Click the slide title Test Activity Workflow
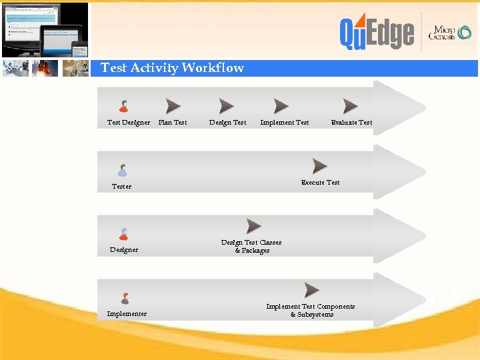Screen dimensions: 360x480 [172, 68]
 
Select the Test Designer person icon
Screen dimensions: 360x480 [123, 106]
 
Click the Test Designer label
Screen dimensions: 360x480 [129, 123]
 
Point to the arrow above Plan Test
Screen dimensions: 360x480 [173, 106]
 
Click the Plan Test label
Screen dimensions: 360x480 [173, 123]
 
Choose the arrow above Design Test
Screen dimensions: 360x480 [227, 106]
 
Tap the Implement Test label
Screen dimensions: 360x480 [285, 123]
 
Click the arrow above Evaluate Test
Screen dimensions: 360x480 [351, 106]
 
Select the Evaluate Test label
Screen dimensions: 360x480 [351, 123]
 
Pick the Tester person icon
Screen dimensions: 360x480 [122, 171]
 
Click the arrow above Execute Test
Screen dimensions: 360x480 [320, 166]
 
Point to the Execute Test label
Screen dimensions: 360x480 [320, 183]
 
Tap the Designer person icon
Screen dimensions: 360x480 [123, 234]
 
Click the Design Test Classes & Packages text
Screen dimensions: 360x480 [251, 247]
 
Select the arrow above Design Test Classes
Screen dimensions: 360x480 [253, 226]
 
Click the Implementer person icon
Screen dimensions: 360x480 [125, 298]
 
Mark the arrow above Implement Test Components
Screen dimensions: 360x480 [311, 290]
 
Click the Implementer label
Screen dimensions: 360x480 [127, 314]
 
